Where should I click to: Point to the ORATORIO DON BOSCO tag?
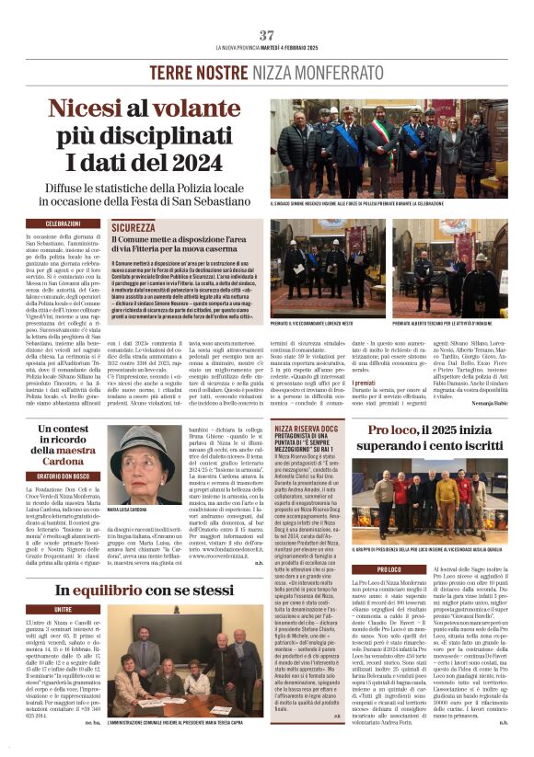tap(63, 475)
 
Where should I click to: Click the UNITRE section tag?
tap(63, 610)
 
